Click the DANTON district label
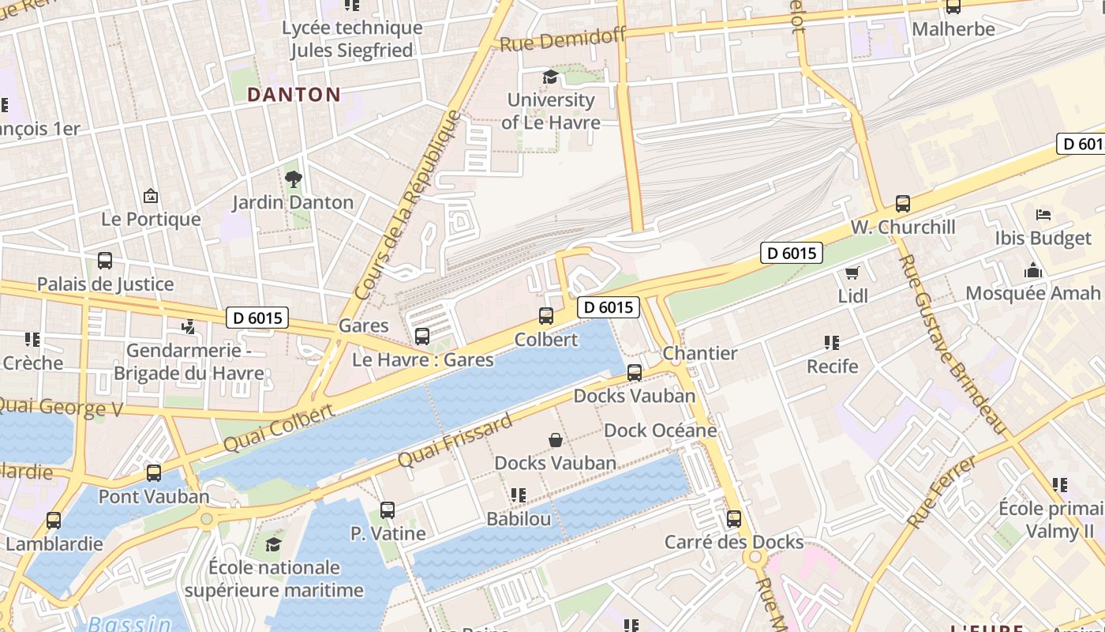click(x=294, y=95)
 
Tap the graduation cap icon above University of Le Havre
click(x=550, y=77)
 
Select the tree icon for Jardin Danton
click(x=294, y=179)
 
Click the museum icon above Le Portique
click(x=151, y=196)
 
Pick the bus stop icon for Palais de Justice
click(x=105, y=261)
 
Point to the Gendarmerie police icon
click(x=188, y=326)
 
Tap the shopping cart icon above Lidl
click(x=852, y=273)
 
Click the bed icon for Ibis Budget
click(x=1043, y=215)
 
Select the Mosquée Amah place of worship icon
click(x=1032, y=271)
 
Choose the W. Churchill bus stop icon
click(x=903, y=204)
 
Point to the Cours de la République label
click(x=407, y=205)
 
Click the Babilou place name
click(x=519, y=519)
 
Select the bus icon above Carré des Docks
click(x=734, y=519)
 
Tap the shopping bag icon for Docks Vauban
click(x=556, y=440)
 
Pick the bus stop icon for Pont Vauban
click(x=154, y=473)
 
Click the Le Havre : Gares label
click(x=422, y=360)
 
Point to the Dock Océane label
click(x=660, y=431)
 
